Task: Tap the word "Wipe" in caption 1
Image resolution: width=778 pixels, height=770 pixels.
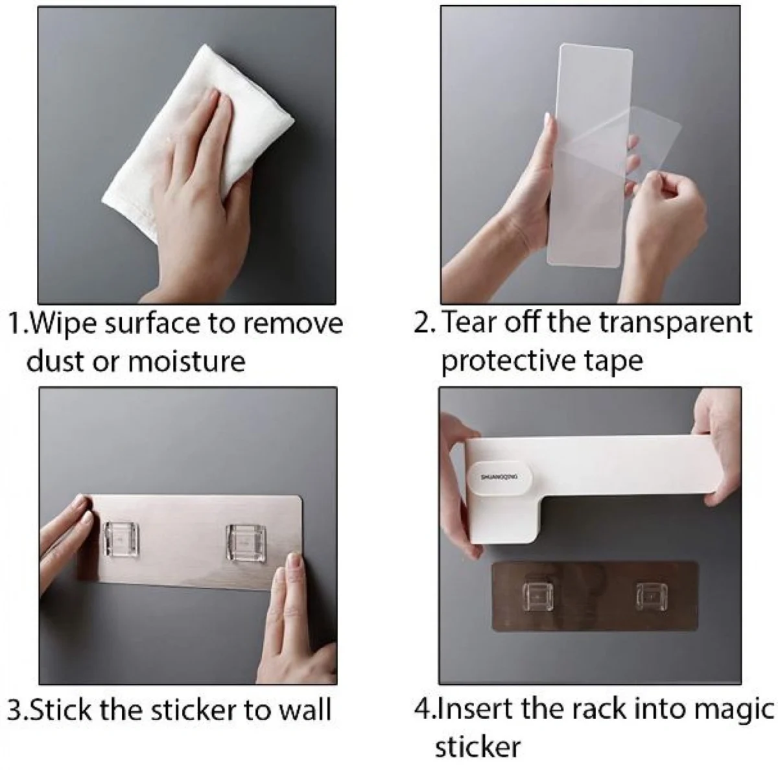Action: [x=63, y=325]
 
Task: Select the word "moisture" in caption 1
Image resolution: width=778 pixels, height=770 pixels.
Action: [x=187, y=362]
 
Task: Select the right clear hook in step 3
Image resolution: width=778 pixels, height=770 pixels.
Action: [x=246, y=542]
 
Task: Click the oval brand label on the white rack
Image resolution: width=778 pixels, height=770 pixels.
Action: [x=500, y=478]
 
